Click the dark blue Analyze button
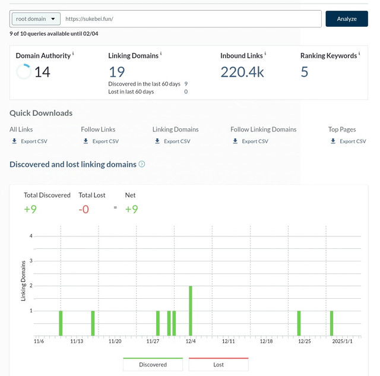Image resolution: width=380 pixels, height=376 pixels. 347,18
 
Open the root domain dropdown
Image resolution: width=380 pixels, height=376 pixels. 36,19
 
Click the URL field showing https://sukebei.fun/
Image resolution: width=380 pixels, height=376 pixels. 191,19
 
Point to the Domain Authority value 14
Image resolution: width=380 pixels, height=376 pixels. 42,72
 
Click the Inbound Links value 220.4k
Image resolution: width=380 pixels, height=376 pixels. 242,72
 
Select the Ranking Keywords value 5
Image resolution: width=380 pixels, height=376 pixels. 305,72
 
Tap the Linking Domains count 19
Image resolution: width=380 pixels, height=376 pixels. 117,72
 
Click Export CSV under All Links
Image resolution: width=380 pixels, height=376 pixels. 30,141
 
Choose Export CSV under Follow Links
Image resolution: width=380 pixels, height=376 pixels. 101,141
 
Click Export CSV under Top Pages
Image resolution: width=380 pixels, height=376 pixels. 349,141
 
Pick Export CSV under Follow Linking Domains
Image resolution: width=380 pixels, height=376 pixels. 251,141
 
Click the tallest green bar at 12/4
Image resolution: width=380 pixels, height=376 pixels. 191,311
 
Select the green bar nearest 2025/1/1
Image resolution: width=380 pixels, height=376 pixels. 331,323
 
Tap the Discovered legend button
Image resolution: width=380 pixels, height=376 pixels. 153,364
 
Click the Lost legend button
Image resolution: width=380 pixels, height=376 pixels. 218,364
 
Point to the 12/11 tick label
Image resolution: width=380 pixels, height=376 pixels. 228,342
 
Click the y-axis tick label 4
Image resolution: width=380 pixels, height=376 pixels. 31,236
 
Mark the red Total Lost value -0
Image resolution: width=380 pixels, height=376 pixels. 84,209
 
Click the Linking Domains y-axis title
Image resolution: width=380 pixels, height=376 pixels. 23,281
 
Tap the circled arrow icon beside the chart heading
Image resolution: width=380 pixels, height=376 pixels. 142,164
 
